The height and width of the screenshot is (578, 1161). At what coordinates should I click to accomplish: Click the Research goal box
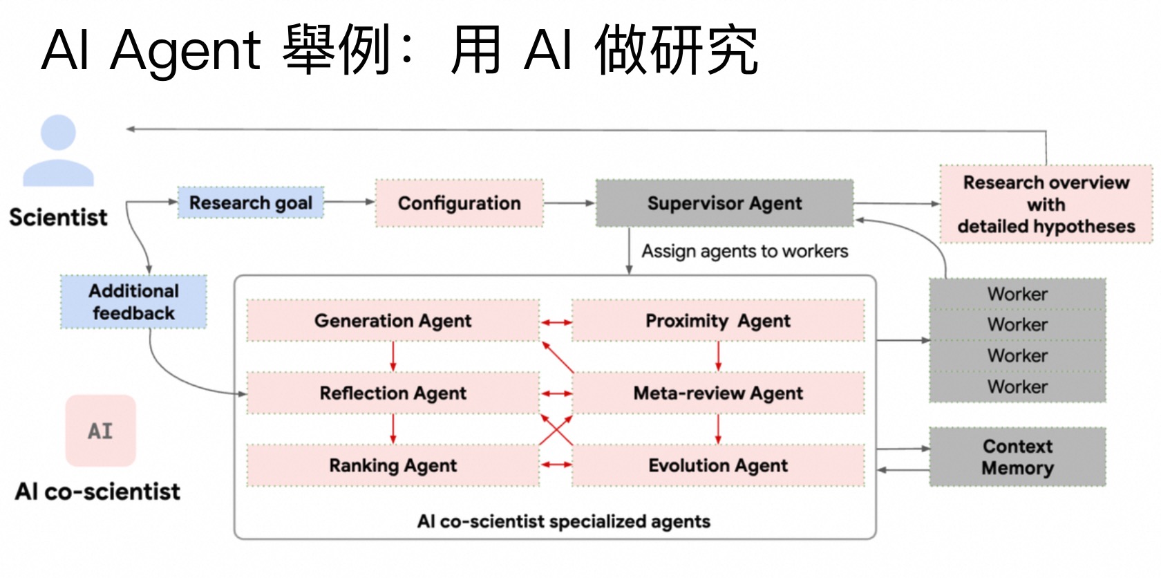(x=251, y=203)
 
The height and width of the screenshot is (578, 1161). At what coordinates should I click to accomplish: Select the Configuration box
(x=459, y=203)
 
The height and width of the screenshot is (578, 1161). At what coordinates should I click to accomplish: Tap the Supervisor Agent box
(x=724, y=203)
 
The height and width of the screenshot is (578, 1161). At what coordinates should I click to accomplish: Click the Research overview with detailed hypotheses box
(x=1046, y=204)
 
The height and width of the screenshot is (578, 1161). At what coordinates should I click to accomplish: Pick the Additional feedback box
(x=133, y=302)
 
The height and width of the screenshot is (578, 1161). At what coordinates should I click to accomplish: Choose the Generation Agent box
(x=393, y=321)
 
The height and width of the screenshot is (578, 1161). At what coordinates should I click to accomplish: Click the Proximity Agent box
(x=718, y=321)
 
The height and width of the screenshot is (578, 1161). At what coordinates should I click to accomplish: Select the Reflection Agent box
(x=393, y=393)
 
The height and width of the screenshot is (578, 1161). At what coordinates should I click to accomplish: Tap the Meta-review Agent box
(x=718, y=393)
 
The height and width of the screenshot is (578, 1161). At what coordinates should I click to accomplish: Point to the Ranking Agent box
(x=393, y=466)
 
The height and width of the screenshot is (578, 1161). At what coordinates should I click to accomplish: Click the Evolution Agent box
(x=718, y=466)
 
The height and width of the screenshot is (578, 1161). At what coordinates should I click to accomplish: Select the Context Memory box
(x=1017, y=457)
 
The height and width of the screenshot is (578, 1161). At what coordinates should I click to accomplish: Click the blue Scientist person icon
(x=58, y=151)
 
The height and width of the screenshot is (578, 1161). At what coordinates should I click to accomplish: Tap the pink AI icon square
(x=100, y=431)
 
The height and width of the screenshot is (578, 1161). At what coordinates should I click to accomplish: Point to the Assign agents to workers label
(x=744, y=251)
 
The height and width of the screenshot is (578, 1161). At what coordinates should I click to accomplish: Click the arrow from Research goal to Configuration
(x=349, y=202)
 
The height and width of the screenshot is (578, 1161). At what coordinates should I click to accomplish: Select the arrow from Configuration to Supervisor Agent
(x=569, y=203)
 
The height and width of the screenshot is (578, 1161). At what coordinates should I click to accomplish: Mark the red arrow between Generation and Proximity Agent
(x=556, y=322)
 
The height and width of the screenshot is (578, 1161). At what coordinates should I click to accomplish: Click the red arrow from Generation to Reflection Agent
(x=393, y=357)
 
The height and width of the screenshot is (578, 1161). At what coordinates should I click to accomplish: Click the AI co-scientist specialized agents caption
(x=563, y=521)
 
